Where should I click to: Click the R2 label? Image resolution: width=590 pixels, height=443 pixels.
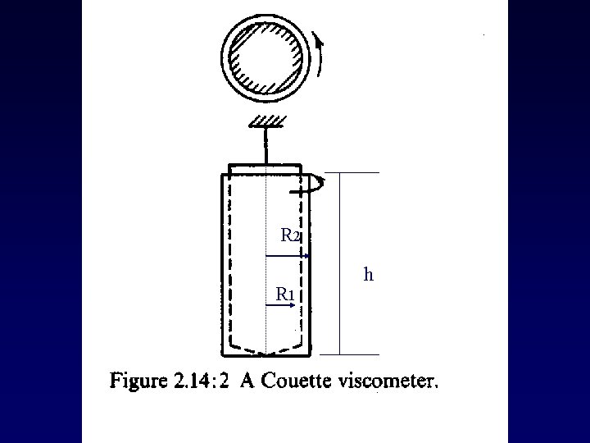[291, 236]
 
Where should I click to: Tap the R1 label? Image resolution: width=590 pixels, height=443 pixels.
[285, 294]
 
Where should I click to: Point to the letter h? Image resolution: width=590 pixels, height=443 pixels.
[369, 275]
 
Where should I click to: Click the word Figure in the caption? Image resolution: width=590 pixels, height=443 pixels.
[136, 383]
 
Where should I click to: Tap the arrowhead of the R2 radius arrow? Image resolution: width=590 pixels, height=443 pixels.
[306, 257]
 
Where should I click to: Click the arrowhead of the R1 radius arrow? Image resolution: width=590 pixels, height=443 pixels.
[292, 306]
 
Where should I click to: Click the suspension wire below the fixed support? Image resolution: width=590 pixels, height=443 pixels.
[265, 146]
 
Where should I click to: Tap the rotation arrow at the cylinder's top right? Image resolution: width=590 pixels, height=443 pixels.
[315, 185]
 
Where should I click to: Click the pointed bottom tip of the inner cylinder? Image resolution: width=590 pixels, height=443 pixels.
[265, 354]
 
